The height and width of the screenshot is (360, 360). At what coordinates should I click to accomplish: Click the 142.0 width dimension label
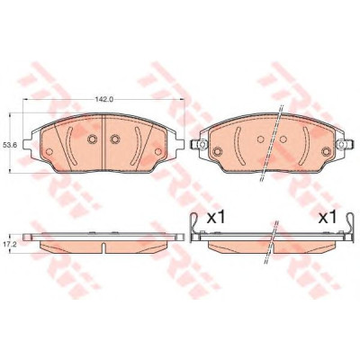pos(103,100)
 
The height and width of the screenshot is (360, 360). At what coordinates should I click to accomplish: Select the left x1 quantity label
pos(216,218)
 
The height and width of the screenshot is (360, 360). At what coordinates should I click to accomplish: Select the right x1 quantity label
pos(328,218)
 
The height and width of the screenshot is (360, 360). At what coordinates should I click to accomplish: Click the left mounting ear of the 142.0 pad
pos(28,145)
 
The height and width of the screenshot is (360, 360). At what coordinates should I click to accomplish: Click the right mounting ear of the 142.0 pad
pos(180,145)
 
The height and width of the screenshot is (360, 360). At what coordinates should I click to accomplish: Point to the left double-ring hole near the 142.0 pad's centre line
pos(92,139)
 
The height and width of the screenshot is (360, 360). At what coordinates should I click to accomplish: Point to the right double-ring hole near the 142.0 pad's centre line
pos(115,139)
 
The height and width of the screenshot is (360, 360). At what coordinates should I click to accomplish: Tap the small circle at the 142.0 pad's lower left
pos(49,152)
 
